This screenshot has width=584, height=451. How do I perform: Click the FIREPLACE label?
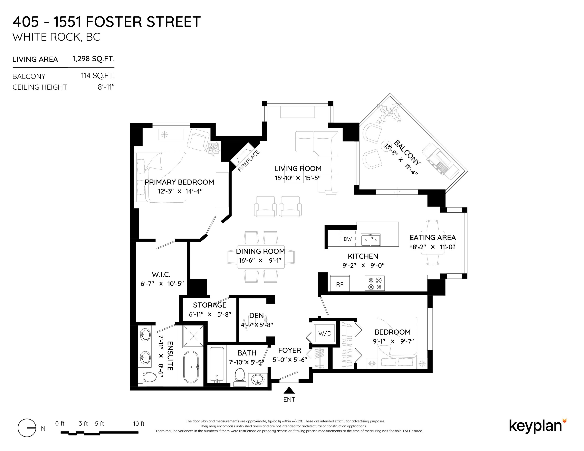(249, 161)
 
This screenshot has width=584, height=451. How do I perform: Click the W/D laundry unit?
(325, 333)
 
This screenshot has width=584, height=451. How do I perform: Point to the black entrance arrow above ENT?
(289, 391)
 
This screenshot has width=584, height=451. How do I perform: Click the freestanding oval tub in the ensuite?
(191, 367)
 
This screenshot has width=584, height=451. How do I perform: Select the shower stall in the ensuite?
(193, 336)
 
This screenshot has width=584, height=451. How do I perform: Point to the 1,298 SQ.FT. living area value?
(93, 59)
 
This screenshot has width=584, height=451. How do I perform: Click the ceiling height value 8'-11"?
(106, 87)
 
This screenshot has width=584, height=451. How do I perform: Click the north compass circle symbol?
(27, 428)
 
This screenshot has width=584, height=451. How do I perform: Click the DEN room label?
(256, 316)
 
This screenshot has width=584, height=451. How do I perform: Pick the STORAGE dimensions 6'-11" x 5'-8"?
(210, 315)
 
